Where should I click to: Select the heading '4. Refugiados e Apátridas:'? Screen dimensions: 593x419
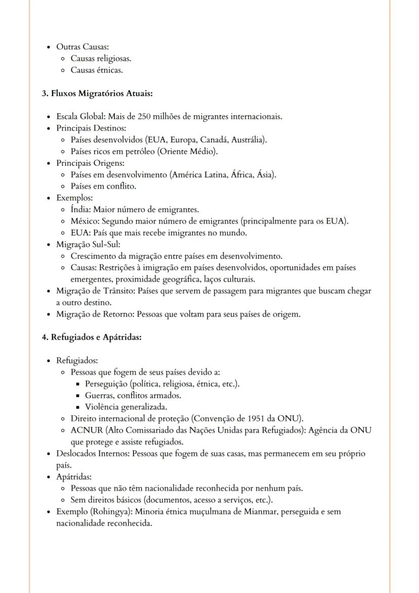pyautogui.click(x=92, y=337)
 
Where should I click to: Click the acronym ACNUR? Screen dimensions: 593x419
pyautogui.click(x=85, y=430)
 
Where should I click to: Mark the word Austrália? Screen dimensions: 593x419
pyautogui.click(x=250, y=140)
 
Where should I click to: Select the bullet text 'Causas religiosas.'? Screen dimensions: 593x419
pyautogui.click(x=101, y=59)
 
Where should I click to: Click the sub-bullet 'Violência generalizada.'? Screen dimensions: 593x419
pyautogui.click(x=126, y=407)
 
